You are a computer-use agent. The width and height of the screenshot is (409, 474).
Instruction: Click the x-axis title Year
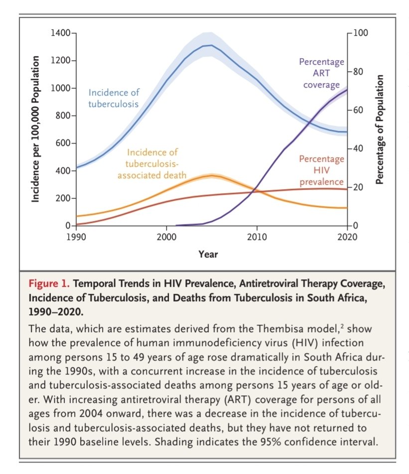pyautogui.click(x=208, y=254)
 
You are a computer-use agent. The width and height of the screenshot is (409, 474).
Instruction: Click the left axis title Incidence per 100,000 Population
pyautogui.click(x=35, y=128)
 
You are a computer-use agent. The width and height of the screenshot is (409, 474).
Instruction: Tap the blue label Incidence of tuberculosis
pyautogui.click(x=114, y=98)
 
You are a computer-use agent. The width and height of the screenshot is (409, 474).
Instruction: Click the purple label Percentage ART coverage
pyautogui.click(x=321, y=73)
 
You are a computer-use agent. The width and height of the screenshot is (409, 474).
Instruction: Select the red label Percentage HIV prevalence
pyautogui.click(x=321, y=170)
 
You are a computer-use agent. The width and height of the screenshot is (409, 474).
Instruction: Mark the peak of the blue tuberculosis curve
pyautogui.click(x=211, y=45)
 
